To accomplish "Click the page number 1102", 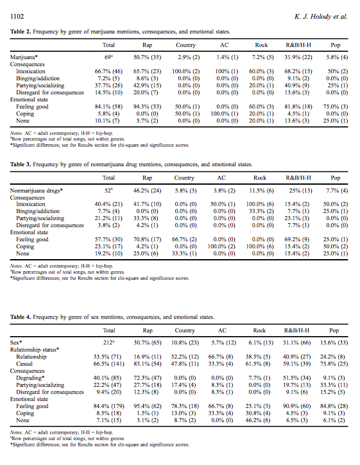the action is [17, 17].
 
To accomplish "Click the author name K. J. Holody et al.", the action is [321, 17].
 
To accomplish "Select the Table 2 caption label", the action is [21, 31].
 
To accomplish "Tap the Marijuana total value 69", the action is [108, 57].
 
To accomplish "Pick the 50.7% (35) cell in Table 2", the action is [147, 57].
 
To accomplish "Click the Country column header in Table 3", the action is [184, 178].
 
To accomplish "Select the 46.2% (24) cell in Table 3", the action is [147, 190].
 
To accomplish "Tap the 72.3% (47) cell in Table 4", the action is [148, 378].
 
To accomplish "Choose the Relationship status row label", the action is [35, 350].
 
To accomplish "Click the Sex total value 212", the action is [109, 343].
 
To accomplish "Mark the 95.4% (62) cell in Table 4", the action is [148, 406].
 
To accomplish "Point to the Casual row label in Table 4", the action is [24, 364].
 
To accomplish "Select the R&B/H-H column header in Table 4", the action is [296, 331].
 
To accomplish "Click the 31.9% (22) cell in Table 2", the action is [298, 57].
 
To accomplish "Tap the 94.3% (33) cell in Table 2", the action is [147, 106].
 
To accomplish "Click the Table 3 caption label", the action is [21, 165].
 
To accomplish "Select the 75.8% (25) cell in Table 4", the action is [334, 364].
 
